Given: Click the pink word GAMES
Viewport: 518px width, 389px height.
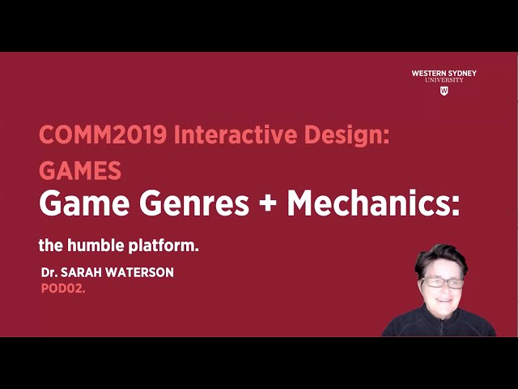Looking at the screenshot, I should [80, 170].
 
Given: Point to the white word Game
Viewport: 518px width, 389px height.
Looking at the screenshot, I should [75, 203].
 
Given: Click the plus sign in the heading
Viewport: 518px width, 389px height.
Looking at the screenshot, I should [268, 204].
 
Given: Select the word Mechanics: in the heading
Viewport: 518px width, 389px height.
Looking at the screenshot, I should [374, 203].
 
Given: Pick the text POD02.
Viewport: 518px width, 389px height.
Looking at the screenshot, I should [63, 287].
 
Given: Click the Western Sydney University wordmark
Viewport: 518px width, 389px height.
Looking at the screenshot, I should [444, 76].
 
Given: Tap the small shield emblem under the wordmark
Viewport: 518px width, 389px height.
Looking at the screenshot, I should [444, 91].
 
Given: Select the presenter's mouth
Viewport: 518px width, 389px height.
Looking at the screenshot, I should [444, 301].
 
